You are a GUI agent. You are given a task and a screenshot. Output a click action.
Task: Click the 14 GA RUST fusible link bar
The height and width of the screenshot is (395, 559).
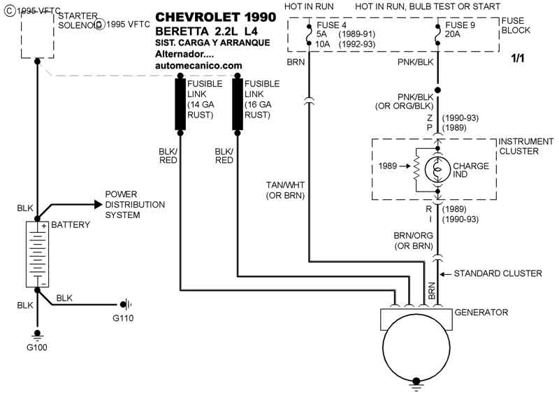coord(180,103)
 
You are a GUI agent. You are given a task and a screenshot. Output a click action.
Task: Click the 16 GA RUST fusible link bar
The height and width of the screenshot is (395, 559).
coord(238,103)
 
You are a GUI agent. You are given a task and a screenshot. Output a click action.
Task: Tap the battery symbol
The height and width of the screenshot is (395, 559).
coord(37,254)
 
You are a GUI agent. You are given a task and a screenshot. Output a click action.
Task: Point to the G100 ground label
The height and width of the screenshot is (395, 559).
coord(37,347)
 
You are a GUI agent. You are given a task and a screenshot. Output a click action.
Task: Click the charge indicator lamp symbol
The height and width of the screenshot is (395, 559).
coord(438,169)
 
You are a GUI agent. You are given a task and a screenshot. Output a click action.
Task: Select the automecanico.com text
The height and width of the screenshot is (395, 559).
coord(198,65)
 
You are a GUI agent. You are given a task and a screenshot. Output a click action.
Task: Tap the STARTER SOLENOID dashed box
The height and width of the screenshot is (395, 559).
coord(38,35)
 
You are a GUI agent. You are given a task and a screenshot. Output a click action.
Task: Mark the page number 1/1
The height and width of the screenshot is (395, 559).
coord(518,58)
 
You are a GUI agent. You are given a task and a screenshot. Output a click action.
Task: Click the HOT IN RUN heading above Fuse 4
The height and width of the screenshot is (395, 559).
coord(308,6)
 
